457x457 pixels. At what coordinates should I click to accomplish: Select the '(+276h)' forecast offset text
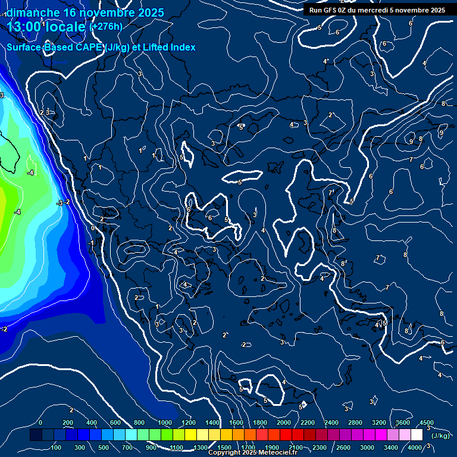106,26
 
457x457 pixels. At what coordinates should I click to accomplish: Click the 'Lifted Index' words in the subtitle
169,47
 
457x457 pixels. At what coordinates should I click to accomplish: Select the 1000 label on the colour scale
165,422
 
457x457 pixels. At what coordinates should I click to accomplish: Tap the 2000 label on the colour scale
284,422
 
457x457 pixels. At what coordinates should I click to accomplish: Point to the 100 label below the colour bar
57,447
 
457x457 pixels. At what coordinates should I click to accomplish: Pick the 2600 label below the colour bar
343,447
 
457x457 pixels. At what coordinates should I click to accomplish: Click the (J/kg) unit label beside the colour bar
441,436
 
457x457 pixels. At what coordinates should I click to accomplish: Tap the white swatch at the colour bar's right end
417,436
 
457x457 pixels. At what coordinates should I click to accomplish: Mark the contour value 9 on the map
411,142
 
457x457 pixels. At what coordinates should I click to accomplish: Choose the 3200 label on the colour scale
379,422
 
